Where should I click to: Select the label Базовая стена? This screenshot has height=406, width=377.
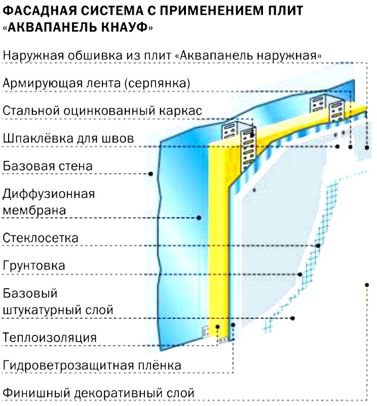48,166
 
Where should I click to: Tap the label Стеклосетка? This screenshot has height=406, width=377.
41,238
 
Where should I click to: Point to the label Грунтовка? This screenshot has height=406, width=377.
34,265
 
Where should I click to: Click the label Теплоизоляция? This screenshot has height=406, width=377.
50,337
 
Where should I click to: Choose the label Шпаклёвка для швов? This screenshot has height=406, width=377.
68,138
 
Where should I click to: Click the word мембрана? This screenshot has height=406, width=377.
34,210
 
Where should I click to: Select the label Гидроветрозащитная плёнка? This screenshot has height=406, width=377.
92,365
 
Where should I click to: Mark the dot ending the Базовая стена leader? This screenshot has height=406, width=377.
150,174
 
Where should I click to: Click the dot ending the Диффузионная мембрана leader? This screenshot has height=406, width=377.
199,218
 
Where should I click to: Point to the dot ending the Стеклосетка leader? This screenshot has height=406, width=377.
318,246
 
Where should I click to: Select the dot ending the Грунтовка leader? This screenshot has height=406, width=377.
300,274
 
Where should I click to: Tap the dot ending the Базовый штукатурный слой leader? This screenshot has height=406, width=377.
292,318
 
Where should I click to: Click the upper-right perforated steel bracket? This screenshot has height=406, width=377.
328,108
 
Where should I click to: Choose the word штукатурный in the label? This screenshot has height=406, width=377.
45,310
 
